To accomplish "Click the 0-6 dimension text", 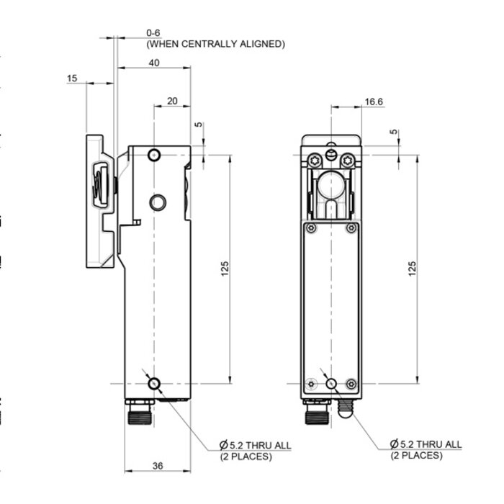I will pos(154,33).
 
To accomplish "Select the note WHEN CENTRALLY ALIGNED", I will pos(215,44).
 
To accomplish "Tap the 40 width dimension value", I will pos(154,63).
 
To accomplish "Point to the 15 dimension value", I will pos(72,78).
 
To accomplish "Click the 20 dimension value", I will pos(172,101).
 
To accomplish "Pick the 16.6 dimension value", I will pos(374,102).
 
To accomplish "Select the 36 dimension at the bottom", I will pos(158,466).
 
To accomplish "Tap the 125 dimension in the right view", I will pos(413,269).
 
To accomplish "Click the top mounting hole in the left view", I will pos(154,156).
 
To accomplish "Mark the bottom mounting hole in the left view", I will pos(154,384).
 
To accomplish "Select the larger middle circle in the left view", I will pos(158,202).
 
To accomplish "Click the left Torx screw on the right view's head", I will pos(313,160).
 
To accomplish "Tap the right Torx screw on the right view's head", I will pos(348,160).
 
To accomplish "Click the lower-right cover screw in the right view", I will pos(351,383).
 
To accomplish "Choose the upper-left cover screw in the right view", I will pos(310,228).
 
